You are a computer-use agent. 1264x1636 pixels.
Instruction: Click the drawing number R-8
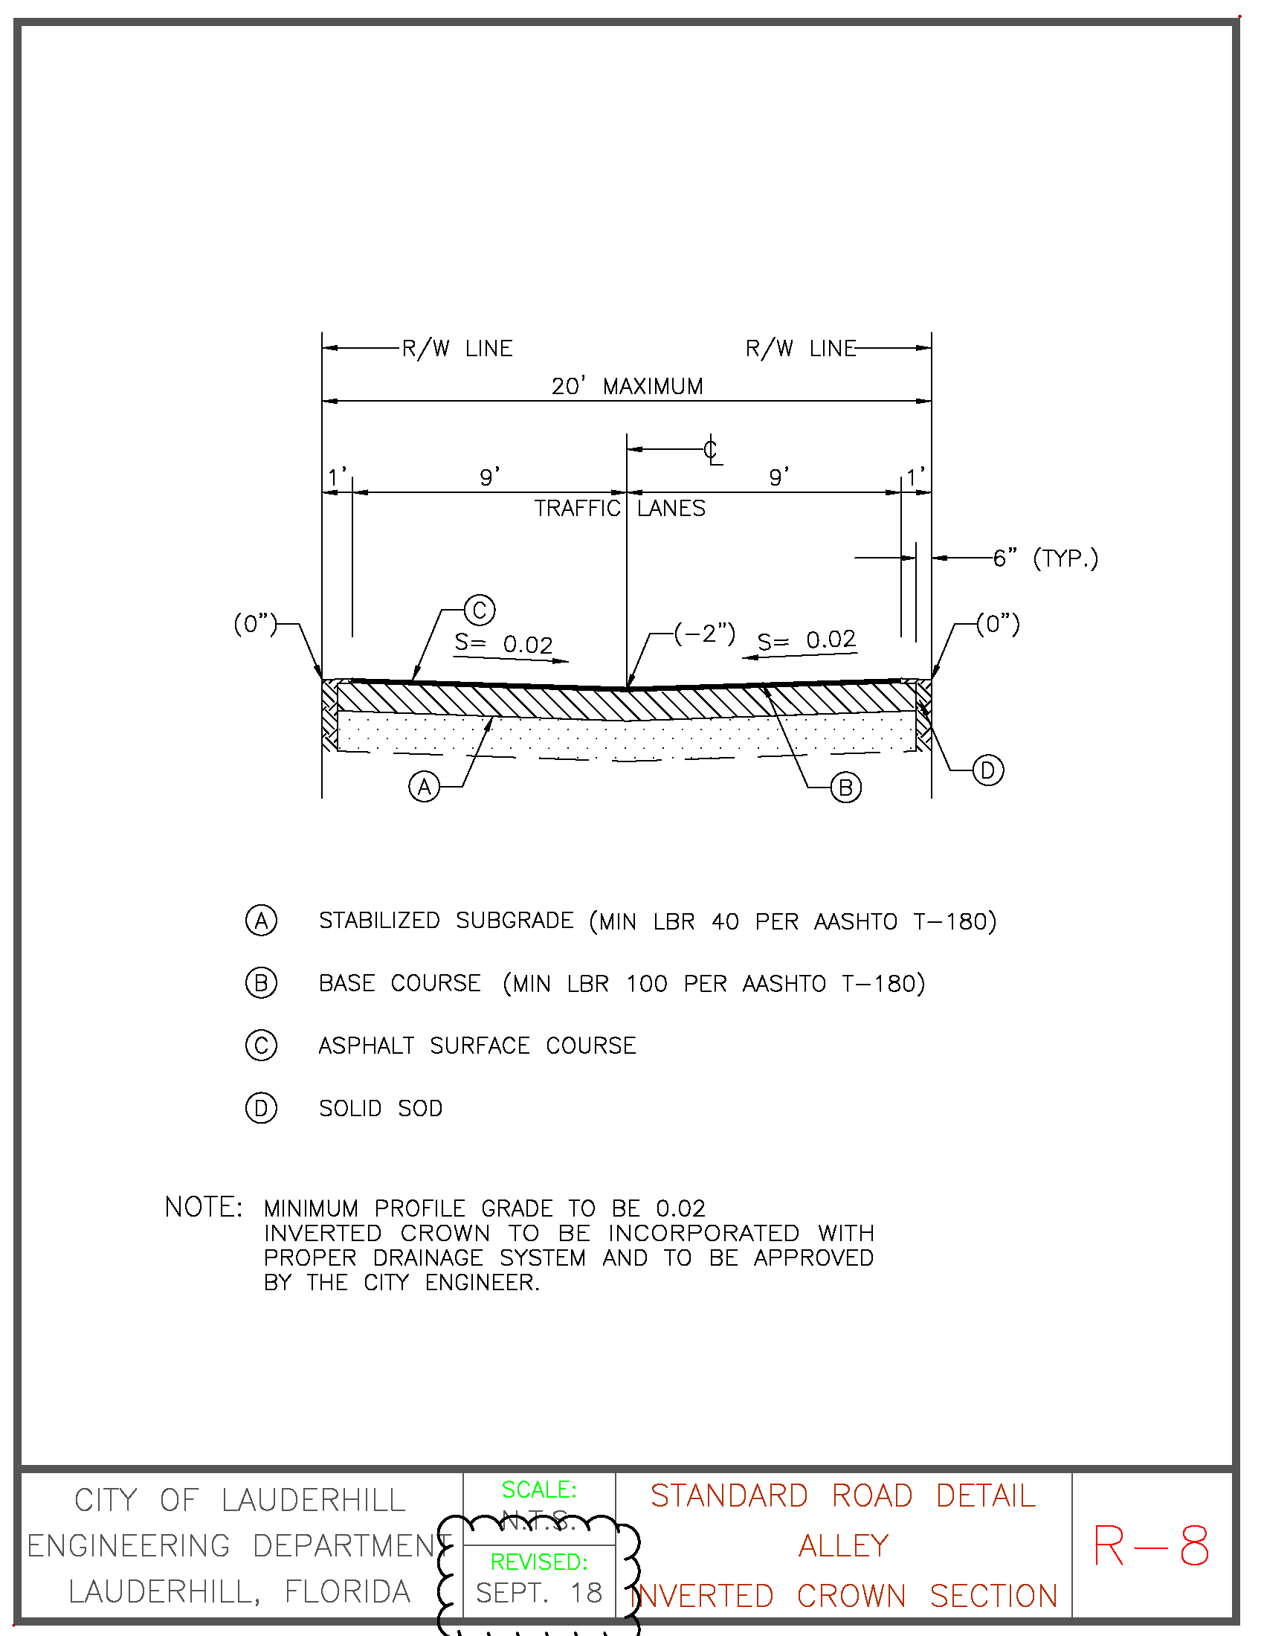coord(1151,1546)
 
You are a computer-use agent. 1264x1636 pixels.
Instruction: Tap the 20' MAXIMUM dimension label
coord(628,387)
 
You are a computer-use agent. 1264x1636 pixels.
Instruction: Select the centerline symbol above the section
coord(712,451)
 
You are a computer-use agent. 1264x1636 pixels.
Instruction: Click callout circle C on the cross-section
coord(480,610)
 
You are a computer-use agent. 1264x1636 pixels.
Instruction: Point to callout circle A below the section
coord(425,788)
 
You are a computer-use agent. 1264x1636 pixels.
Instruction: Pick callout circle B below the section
coord(846,788)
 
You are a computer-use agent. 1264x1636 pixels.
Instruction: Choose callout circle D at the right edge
coord(987,771)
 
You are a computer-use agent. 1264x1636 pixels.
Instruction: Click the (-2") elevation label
coord(704,634)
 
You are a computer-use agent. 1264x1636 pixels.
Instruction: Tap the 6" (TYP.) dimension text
coord(1045,558)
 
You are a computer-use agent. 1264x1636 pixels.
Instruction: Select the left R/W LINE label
coord(457,349)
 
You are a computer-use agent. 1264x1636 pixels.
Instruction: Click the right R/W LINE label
coord(801,349)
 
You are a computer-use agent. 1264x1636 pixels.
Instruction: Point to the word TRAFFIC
coord(577,509)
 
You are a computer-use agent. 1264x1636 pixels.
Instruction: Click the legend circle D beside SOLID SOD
coord(261,1108)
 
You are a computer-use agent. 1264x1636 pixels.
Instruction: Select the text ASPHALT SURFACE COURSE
coord(477,1046)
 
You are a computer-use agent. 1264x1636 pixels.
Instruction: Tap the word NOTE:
coord(204,1208)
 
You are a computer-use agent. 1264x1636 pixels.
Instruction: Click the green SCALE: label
coord(539,1490)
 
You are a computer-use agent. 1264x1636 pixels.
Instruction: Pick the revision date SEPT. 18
coord(539,1594)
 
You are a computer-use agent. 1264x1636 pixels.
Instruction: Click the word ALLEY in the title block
coord(844,1546)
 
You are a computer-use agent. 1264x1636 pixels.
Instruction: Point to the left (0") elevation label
coord(255,624)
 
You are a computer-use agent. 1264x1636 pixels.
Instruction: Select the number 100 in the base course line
coord(646,984)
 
